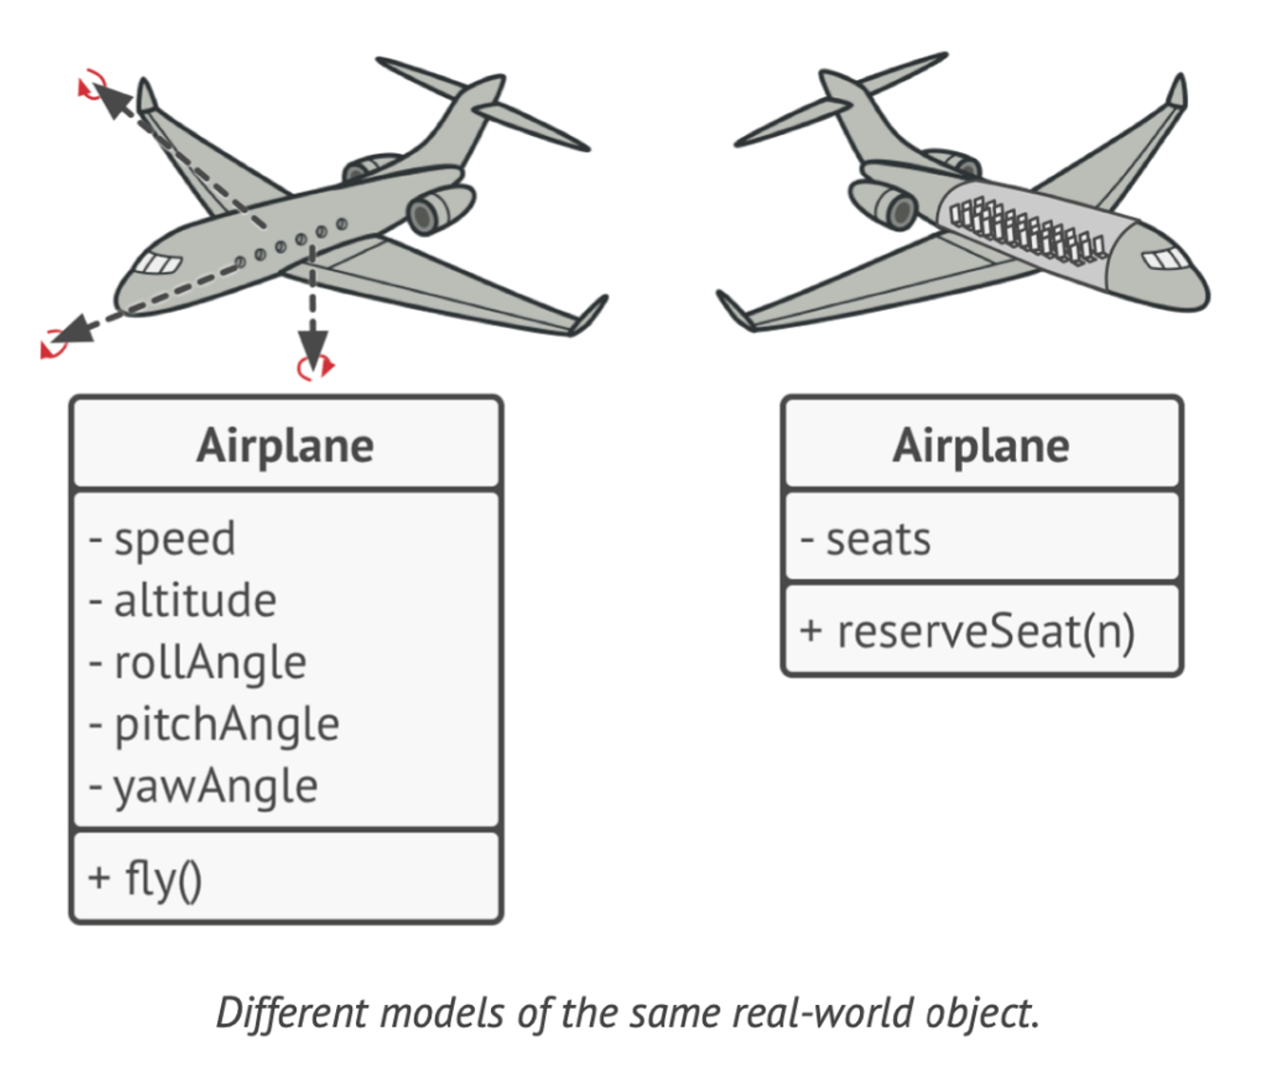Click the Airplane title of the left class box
pos(285,445)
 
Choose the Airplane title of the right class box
pos(981,445)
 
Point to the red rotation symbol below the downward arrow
pos(315,367)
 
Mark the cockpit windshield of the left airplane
pos(158,263)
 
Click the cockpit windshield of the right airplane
pos(1162,258)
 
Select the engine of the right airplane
pos(884,206)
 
